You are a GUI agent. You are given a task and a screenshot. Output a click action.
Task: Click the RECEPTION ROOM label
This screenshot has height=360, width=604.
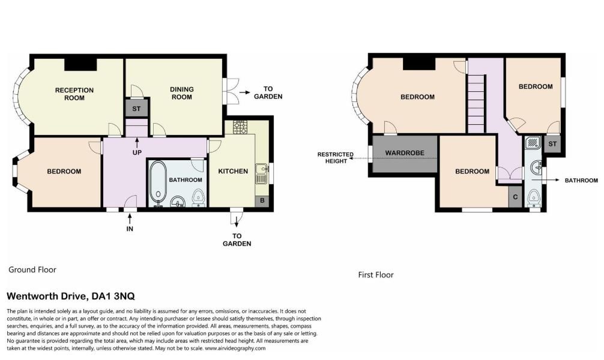point(74,94)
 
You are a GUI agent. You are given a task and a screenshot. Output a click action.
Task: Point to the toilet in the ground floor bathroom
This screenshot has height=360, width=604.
point(198,197)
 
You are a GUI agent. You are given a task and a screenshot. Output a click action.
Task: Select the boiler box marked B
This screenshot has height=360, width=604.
point(262,201)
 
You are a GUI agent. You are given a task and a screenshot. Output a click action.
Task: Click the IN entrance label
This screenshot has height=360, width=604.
point(130,229)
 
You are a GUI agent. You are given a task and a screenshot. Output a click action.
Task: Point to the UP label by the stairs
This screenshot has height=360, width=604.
point(137,153)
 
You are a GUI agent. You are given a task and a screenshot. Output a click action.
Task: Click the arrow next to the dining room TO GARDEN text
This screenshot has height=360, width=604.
point(245,93)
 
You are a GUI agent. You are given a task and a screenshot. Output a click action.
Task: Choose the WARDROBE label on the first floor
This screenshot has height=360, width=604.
point(405,153)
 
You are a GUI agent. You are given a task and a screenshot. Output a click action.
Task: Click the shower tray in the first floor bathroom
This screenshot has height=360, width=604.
point(532,143)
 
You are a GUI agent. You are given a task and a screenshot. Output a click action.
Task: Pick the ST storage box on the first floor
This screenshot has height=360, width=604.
point(552,144)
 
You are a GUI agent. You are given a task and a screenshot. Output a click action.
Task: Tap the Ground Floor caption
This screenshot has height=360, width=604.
point(32,270)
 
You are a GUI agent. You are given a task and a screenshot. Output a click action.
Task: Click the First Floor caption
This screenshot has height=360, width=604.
point(375,275)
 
